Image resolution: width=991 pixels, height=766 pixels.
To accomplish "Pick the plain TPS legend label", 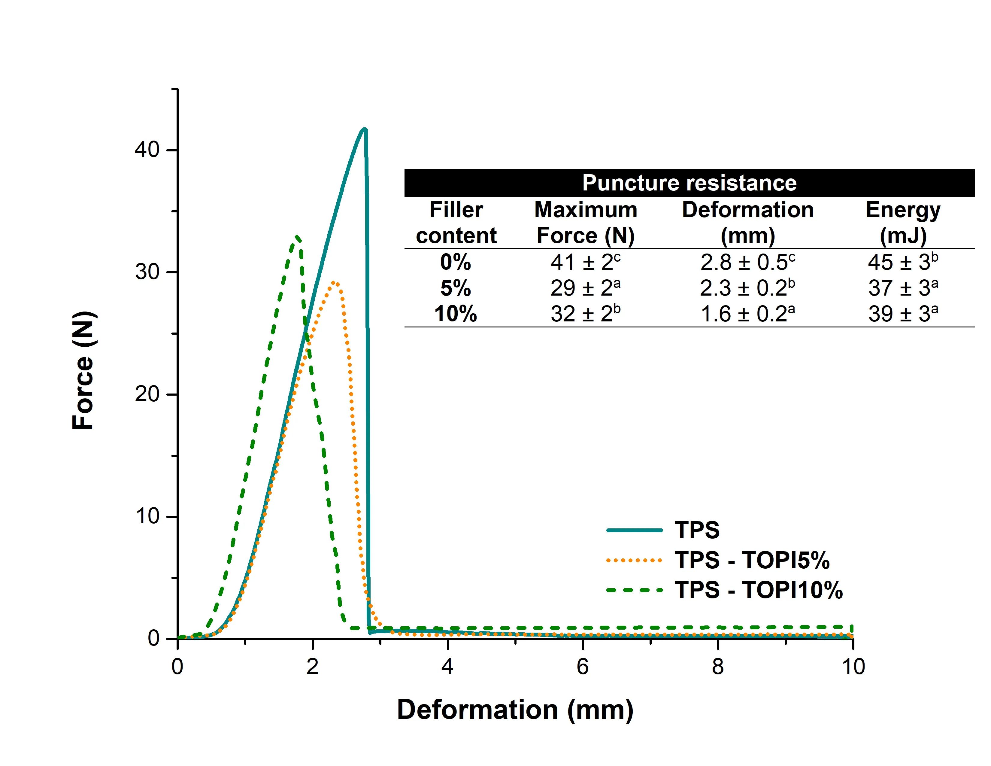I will pyautogui.click(x=697, y=530).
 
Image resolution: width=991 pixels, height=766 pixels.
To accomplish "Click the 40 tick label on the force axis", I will pyautogui.click(x=147, y=150).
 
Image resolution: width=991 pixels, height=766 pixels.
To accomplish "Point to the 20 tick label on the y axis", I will pyautogui.click(x=147, y=394).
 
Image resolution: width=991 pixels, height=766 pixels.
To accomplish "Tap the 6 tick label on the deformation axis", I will pyautogui.click(x=583, y=667).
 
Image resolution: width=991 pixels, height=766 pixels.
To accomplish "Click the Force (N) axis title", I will pyautogui.click(x=83, y=370).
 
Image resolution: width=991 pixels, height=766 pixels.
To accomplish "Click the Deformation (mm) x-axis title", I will pyautogui.click(x=515, y=710).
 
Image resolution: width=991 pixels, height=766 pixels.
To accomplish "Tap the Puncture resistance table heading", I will pyautogui.click(x=689, y=183).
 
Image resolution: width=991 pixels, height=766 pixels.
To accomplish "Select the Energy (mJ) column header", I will pyautogui.click(x=903, y=222).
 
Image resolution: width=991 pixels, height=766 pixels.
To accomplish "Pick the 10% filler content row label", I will pyautogui.click(x=456, y=314).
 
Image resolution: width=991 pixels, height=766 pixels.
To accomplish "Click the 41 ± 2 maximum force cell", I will pyautogui.click(x=585, y=262).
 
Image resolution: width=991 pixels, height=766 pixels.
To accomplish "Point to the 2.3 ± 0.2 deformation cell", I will pyautogui.click(x=747, y=288).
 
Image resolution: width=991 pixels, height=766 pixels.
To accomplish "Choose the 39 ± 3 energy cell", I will pyautogui.click(x=903, y=314).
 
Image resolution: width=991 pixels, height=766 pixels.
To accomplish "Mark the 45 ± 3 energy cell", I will pyautogui.click(x=903, y=262).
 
